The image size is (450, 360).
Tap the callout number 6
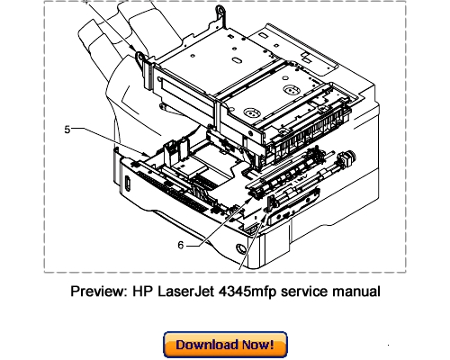coord(181,244)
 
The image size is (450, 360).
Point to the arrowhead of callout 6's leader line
coord(235,213)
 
